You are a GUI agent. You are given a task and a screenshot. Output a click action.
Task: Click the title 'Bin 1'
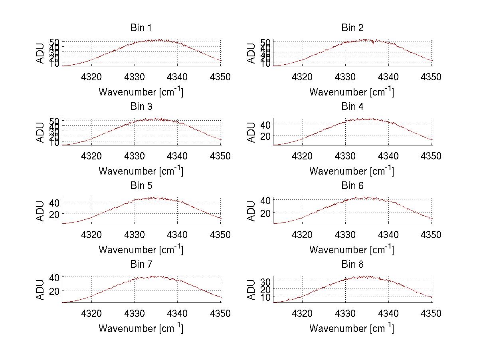click(141, 28)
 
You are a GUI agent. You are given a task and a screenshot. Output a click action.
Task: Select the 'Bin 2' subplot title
click(352, 28)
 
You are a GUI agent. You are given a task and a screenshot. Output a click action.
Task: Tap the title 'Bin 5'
click(141, 186)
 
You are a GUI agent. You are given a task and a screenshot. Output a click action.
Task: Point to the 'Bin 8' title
click(352, 265)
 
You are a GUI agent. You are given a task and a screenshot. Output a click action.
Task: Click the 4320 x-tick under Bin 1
click(91, 77)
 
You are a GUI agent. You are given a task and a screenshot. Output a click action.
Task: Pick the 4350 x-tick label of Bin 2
click(431, 77)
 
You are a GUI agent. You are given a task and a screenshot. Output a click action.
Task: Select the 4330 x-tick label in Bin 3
click(135, 156)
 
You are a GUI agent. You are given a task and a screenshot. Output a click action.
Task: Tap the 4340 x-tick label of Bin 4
click(388, 156)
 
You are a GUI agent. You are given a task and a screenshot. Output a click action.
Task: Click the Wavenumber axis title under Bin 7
click(141, 328)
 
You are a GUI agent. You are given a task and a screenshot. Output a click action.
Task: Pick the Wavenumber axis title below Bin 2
click(352, 92)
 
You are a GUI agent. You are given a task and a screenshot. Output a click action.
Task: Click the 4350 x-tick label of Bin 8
click(431, 314)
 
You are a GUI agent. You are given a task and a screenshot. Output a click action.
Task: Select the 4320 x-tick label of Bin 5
click(91, 235)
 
